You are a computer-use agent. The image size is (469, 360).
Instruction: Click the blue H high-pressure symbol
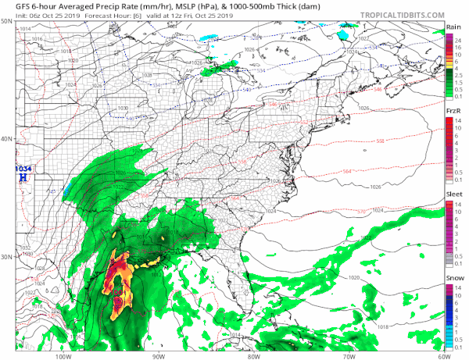23,177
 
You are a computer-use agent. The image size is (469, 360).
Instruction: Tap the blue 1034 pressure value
23,168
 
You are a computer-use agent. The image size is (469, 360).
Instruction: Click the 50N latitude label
6,21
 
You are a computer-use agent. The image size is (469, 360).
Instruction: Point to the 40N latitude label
6,139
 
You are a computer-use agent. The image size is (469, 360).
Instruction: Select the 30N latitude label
6,257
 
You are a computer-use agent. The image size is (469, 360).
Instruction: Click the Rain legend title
452,27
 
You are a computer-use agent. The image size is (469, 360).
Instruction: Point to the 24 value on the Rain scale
460,36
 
